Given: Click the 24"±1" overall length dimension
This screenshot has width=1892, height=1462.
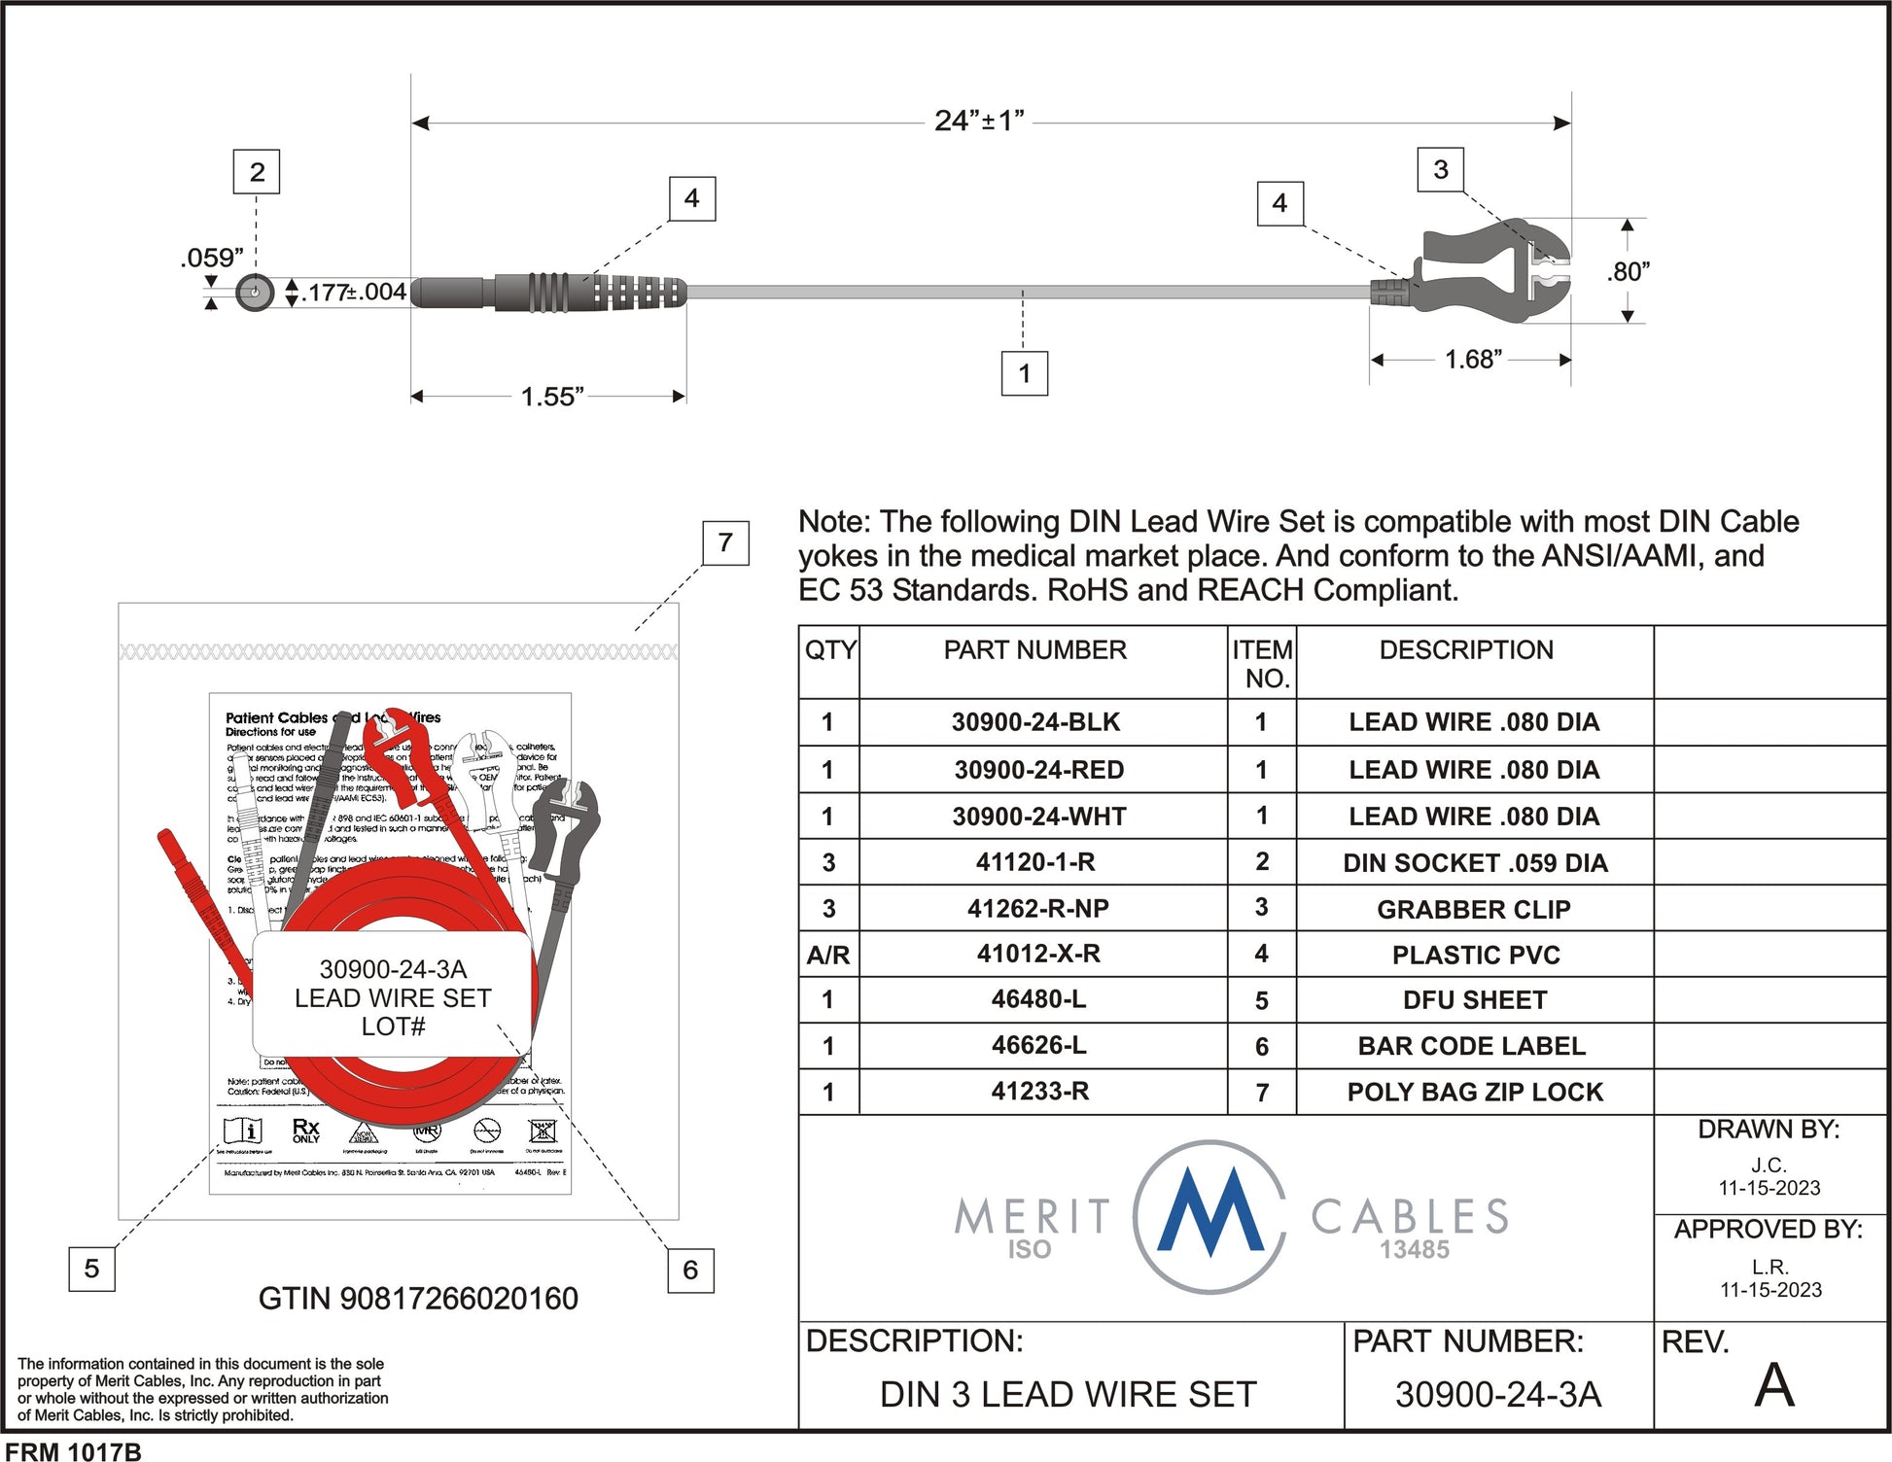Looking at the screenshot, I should tap(979, 122).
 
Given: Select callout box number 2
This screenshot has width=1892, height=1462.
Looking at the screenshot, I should tap(257, 172).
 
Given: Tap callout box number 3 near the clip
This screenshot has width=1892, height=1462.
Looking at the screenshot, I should tap(1441, 170).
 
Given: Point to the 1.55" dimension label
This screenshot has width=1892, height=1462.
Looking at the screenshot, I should tap(551, 397).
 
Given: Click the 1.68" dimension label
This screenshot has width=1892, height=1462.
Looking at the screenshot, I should tap(1473, 360).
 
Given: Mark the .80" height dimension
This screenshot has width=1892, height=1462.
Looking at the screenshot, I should tap(1629, 272).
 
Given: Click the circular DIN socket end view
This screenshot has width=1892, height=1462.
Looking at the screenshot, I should tap(255, 292).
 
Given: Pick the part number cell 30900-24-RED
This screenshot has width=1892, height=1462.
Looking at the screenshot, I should tap(1038, 770).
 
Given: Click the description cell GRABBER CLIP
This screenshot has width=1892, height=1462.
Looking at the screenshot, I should tap(1473, 909).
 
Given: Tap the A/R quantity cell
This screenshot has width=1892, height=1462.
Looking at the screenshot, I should tap(828, 955).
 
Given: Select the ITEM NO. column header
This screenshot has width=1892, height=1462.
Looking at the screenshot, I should tap(1262, 663).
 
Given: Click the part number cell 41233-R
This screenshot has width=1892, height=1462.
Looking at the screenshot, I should tap(1039, 1092).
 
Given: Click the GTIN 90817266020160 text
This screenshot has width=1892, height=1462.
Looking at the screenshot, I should tap(418, 1299).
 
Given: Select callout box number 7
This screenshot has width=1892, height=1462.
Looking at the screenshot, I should tap(725, 542).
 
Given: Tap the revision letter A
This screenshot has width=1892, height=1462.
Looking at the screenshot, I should tap(1773, 1386).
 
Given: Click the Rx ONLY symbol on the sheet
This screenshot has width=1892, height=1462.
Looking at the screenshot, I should tap(306, 1131).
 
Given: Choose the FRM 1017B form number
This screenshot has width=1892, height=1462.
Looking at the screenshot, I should tap(74, 1451).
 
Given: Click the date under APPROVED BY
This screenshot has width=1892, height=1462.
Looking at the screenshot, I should tap(1770, 1290).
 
